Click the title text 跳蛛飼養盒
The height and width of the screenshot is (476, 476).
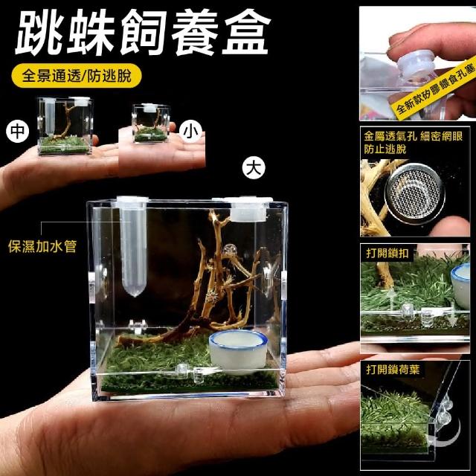pos(143,33)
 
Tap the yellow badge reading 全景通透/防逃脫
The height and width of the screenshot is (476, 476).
pos(76,76)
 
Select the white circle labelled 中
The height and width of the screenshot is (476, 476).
pos(18,131)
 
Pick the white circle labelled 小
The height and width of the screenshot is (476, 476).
pos(190,131)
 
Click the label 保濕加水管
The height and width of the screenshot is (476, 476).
pos(42,246)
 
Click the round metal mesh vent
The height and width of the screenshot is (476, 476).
pos(415,193)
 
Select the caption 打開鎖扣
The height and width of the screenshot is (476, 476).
pos(387,253)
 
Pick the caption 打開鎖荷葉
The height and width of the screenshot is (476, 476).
pos(393,370)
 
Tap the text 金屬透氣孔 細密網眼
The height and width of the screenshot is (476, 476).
pos(414,137)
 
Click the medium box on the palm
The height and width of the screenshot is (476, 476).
pos(65,126)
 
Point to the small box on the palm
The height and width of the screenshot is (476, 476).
pos(151,123)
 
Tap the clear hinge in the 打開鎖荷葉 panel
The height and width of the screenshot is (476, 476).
pos(443,412)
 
